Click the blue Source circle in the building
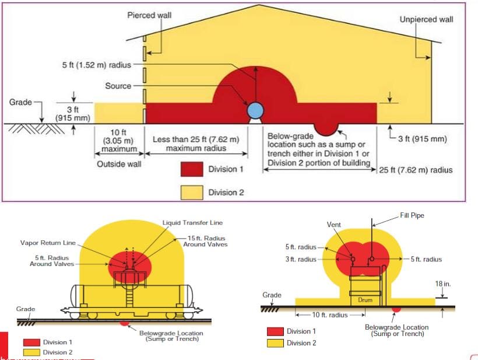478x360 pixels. click(x=255, y=110)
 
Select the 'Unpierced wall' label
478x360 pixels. click(x=426, y=19)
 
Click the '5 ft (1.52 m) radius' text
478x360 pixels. click(x=96, y=64)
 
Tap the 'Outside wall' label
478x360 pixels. click(x=119, y=164)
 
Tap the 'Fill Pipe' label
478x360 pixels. click(x=412, y=215)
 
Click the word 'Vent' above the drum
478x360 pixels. click(x=334, y=225)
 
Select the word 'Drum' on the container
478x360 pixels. click(x=365, y=300)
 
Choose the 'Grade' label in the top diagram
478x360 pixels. click(x=20, y=103)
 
